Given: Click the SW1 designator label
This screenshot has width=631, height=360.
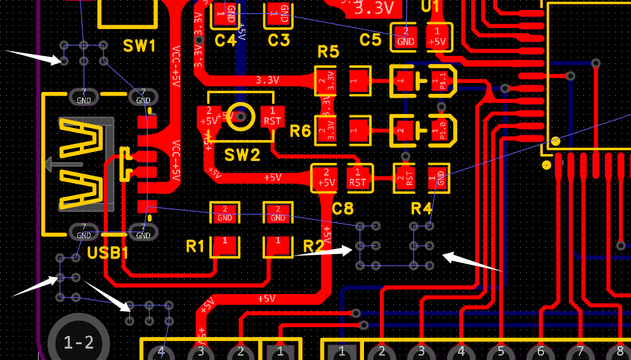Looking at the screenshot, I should pyautogui.click(x=139, y=46).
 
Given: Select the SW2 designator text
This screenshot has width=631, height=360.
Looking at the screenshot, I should pyautogui.click(x=242, y=155).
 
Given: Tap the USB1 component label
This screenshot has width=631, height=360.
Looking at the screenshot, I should pyautogui.click(x=108, y=254).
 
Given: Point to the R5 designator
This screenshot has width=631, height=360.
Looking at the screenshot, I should pyautogui.click(x=328, y=52).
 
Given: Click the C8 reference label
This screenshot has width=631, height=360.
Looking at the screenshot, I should pyautogui.click(x=342, y=208).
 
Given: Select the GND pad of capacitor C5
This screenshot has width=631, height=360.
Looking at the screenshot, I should pyautogui.click(x=405, y=36).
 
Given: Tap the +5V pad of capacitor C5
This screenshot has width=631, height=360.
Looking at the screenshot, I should pyautogui.click(x=437, y=36).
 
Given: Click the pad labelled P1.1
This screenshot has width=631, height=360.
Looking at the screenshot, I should pyautogui.click(x=438, y=80).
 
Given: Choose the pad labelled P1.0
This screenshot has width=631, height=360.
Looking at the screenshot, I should pyautogui.click(x=438, y=131).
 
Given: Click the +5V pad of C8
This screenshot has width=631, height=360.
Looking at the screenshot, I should pyautogui.click(x=325, y=177).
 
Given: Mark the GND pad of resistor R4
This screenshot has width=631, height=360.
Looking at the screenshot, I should pyautogui.click(x=438, y=177).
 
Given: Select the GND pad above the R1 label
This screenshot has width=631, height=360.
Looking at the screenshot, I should pyautogui.click(x=224, y=214).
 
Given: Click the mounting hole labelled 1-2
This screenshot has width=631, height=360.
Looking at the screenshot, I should pyautogui.click(x=79, y=343).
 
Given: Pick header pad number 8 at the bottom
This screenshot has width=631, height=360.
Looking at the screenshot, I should pyautogui.click(x=620, y=351).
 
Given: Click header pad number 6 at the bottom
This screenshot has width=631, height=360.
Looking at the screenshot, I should pyautogui.click(x=540, y=351).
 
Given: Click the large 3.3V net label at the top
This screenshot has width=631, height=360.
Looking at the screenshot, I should pyautogui.click(x=378, y=9).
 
